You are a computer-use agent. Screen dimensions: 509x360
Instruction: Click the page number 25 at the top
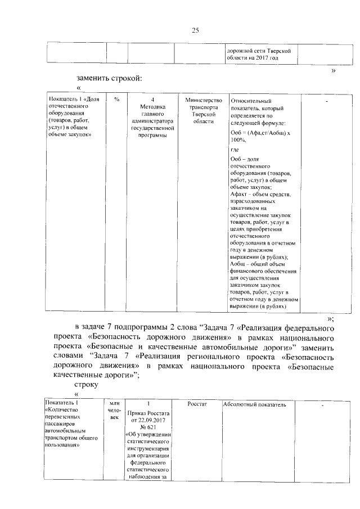click(196, 30)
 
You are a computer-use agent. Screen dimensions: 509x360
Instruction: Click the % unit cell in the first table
click(116, 100)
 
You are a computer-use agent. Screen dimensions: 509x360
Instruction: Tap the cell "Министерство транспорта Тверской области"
click(200, 111)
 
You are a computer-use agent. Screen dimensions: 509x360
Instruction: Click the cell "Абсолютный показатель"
click(255, 404)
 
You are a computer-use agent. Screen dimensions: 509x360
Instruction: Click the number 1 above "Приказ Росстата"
click(147, 404)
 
